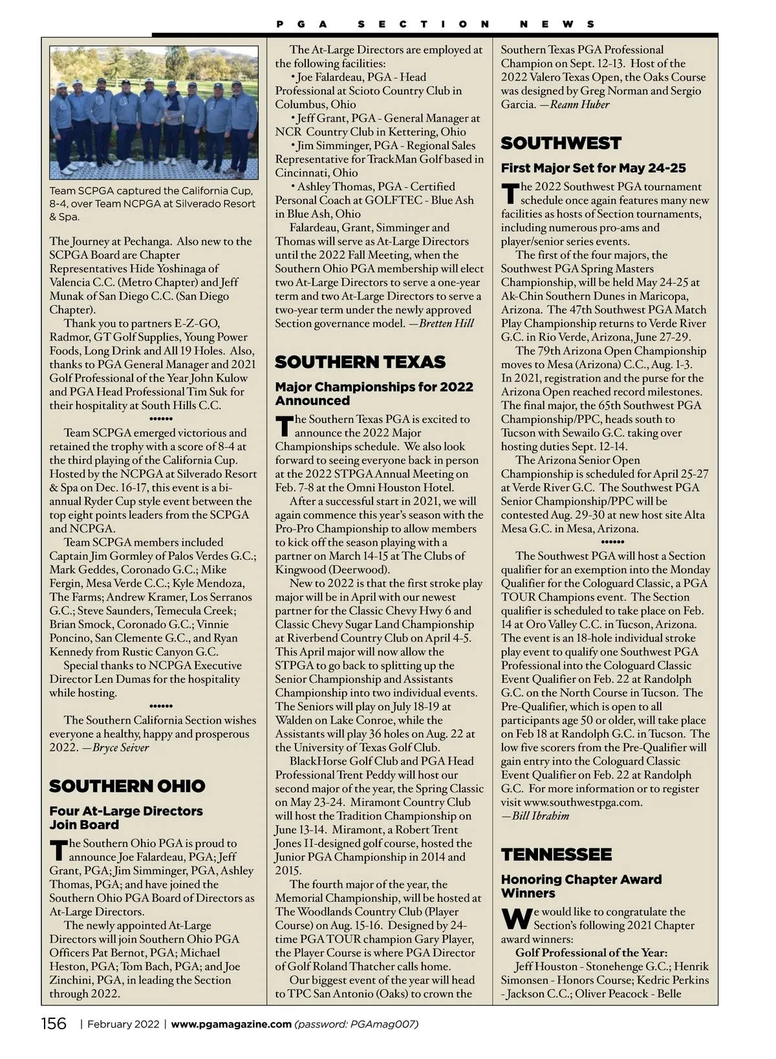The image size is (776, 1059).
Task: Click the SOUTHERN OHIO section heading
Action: pyautogui.click(x=127, y=786)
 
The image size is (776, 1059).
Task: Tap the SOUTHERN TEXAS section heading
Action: pyautogui.click(x=360, y=362)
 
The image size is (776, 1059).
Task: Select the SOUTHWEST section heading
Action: pyautogui.click(x=561, y=144)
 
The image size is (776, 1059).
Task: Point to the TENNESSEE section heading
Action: pyautogui.click(x=556, y=855)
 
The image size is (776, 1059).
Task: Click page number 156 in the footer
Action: pyautogui.click(x=54, y=1024)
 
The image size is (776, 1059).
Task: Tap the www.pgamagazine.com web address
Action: pyautogui.click(x=231, y=1024)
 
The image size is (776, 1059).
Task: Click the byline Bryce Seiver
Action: pyautogui.click(x=121, y=748)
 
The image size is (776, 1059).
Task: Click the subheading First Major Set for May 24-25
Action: pyautogui.click(x=593, y=168)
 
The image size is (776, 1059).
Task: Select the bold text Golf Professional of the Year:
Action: pyautogui.click(x=591, y=953)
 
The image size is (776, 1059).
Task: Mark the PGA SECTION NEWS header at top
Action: pyautogui.click(x=435, y=25)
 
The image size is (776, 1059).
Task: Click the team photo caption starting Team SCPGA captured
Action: pyautogui.click(x=153, y=204)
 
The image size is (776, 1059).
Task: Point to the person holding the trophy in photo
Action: pyautogui.click(x=173, y=123)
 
